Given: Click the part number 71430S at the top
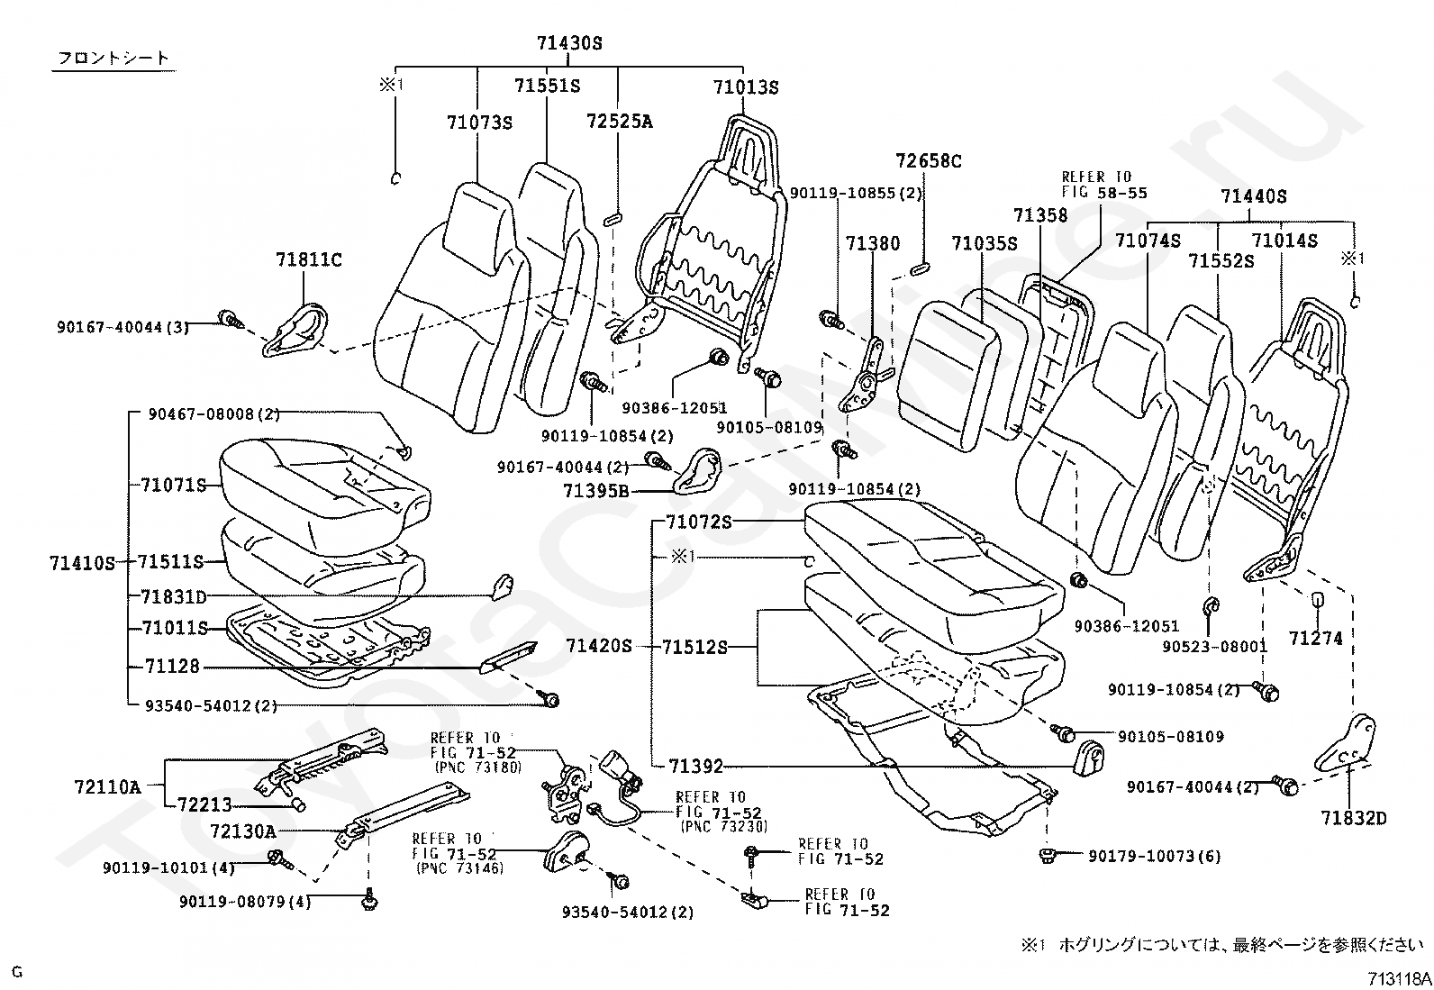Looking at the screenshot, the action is click(x=569, y=43).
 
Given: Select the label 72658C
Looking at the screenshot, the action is click(x=929, y=160).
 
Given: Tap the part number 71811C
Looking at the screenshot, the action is click(x=309, y=259).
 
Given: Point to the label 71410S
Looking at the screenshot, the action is click(x=83, y=563).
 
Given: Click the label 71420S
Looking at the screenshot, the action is click(x=599, y=646).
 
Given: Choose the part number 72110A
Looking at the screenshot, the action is click(x=107, y=786).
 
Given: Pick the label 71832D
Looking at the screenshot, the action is click(x=1353, y=818).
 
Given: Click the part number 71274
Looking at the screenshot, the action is click(x=1316, y=638).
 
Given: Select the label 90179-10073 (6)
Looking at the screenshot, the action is click(x=1154, y=856).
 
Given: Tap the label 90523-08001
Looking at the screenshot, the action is click(x=1214, y=646).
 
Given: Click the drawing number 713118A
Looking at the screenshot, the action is click(x=1400, y=978).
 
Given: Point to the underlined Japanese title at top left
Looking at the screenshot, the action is click(x=113, y=59).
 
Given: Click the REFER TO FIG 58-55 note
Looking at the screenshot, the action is click(x=1104, y=185).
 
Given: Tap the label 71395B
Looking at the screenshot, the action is click(x=596, y=491).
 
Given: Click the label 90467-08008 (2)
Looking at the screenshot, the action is click(x=213, y=414).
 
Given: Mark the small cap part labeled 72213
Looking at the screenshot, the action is click(x=297, y=805).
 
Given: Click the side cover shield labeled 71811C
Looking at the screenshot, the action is click(x=295, y=331).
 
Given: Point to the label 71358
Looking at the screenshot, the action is click(x=1040, y=215).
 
